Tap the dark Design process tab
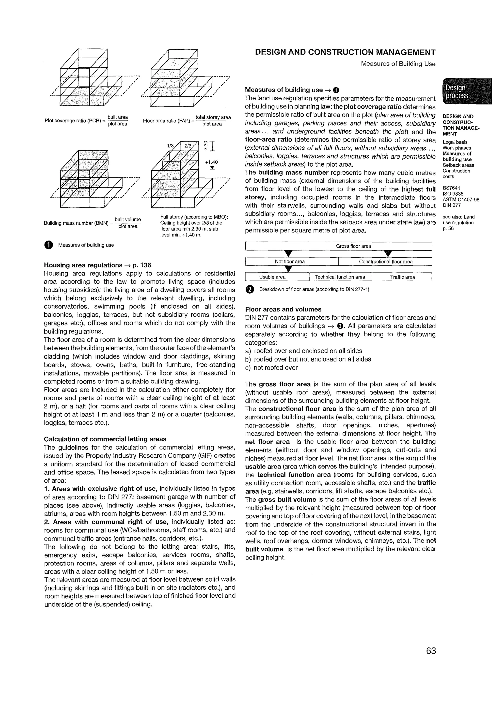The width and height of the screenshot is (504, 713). (x=467, y=92)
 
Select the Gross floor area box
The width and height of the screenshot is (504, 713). (x=338, y=246)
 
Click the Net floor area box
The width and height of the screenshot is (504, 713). (x=292, y=262)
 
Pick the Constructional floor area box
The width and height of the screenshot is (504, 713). (x=385, y=262)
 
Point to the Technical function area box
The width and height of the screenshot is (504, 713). (x=340, y=277)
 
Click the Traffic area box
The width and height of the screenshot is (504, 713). (x=402, y=277)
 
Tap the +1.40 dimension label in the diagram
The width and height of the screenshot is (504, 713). (x=211, y=162)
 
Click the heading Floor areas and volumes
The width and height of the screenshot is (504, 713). (x=283, y=309)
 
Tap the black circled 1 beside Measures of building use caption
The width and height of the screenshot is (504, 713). (x=48, y=245)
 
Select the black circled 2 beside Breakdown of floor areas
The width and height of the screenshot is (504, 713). (x=249, y=289)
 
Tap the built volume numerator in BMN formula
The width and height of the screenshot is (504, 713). (x=128, y=219)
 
